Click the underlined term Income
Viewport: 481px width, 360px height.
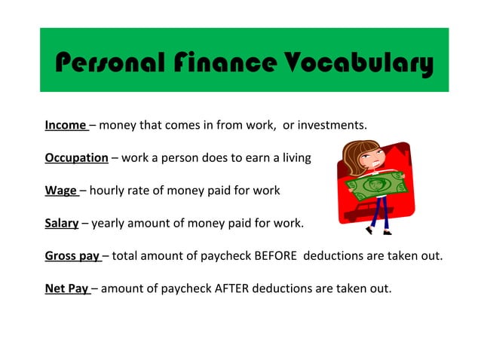coord(66,125)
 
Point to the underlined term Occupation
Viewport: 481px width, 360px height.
coord(76,157)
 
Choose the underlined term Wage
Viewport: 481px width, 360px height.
coord(60,191)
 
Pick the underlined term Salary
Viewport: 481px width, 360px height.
coord(62,223)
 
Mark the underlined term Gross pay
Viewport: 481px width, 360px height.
coord(72,255)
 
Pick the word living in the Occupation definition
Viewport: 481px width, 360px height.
coord(294,157)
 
